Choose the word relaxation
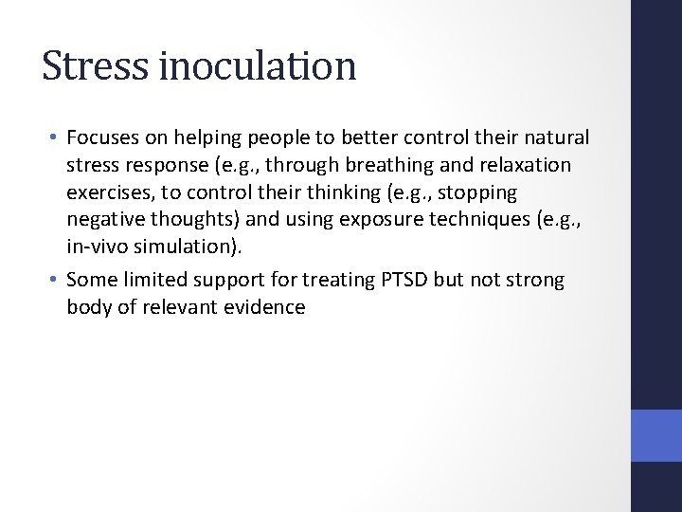(529, 166)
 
